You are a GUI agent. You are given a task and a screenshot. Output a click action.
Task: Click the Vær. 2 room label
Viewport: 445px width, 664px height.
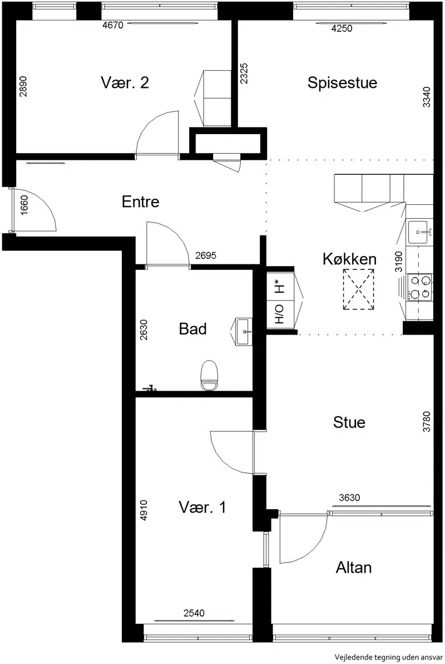point(125,82)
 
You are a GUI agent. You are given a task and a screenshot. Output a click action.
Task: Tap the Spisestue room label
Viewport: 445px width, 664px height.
point(342,82)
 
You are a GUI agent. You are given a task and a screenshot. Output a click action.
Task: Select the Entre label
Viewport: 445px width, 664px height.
point(141,201)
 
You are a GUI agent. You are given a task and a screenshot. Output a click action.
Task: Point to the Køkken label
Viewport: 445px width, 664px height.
point(349,259)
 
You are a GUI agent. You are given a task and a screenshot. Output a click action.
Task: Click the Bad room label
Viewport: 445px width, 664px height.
point(192,329)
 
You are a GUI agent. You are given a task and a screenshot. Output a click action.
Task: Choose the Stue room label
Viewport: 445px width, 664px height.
point(349,422)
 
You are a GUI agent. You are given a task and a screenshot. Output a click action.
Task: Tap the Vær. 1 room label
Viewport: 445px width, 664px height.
point(202,507)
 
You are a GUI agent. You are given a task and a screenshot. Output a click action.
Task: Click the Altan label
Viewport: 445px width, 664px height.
point(354,568)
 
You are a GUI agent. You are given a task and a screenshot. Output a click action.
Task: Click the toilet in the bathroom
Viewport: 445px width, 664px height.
point(209,375)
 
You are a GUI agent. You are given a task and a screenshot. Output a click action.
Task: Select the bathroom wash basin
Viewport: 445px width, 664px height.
point(244,332)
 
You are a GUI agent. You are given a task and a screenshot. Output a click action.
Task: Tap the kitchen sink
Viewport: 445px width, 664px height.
point(420,232)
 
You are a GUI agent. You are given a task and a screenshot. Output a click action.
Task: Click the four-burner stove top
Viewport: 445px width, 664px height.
point(420,287)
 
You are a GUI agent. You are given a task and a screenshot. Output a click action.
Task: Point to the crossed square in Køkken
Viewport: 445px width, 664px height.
point(359,289)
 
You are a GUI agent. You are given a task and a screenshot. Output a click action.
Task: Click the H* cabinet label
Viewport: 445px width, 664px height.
point(279,287)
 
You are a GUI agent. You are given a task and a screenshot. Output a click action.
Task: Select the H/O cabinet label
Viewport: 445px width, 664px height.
point(279,314)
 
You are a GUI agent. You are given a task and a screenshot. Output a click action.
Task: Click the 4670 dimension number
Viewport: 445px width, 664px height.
point(113,26)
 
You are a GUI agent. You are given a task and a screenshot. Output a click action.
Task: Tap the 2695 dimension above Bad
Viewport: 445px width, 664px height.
point(206,255)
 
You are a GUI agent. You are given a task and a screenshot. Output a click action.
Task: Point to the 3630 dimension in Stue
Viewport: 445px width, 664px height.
point(349,498)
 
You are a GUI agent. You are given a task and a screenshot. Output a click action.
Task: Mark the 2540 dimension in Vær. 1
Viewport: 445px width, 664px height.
point(194,613)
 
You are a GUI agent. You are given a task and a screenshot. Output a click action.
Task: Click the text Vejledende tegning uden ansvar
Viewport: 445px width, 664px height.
point(389,657)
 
